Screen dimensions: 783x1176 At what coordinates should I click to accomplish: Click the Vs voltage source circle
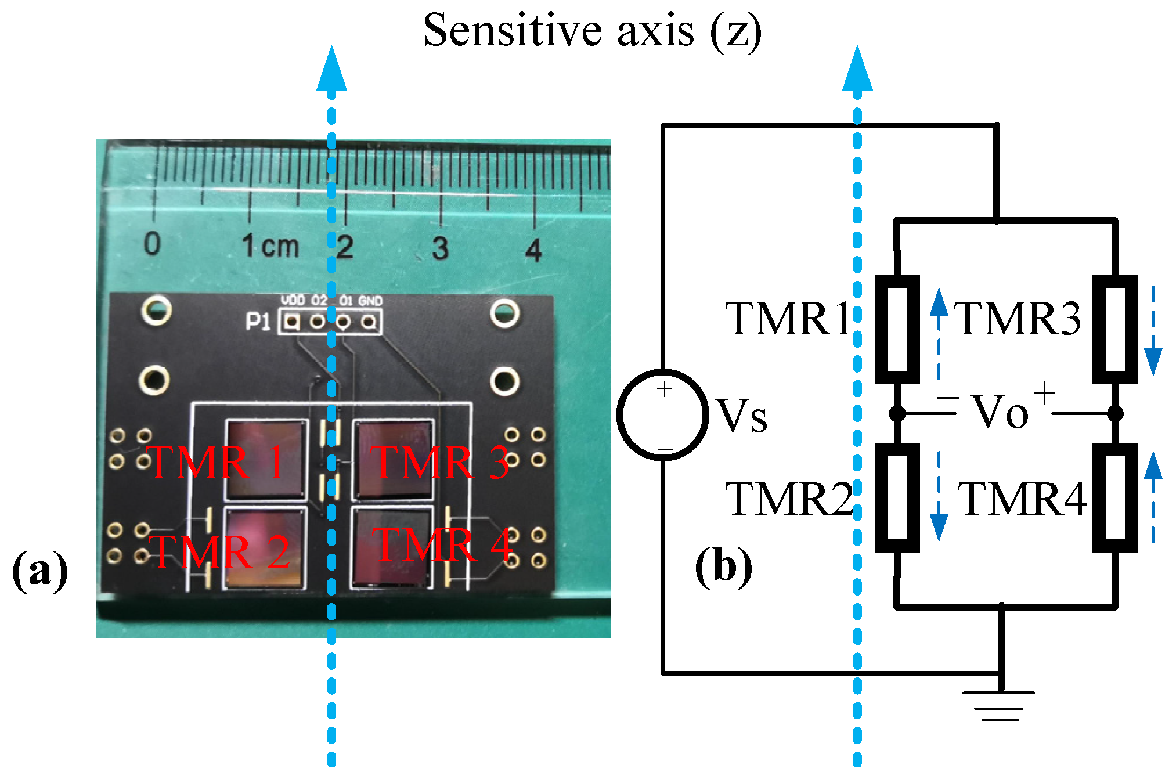(x=662, y=415)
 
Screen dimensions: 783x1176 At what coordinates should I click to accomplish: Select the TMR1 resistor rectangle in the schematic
(x=897, y=329)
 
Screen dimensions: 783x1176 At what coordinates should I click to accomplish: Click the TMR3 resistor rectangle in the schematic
(x=1114, y=329)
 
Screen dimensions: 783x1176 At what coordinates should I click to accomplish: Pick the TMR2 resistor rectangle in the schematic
(x=897, y=497)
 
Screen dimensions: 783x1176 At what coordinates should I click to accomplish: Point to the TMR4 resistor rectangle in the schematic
(x=1114, y=497)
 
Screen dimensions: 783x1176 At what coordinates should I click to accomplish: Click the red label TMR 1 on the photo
(x=215, y=463)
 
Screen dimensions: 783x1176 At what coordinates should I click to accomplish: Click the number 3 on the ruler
(x=440, y=248)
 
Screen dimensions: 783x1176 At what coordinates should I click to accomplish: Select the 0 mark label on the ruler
(x=152, y=244)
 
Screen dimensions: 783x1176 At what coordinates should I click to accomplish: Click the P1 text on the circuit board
(x=258, y=322)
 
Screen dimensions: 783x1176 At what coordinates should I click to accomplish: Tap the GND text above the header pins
(x=370, y=301)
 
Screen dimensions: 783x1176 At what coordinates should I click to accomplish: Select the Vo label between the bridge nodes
(x=1000, y=413)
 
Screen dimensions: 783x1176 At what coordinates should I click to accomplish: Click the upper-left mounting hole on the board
(x=156, y=310)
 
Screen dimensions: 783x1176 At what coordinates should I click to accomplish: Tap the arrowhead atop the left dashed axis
(x=331, y=70)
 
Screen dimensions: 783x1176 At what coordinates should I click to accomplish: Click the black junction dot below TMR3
(x=1114, y=413)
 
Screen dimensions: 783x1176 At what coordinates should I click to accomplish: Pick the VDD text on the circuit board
(x=293, y=300)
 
